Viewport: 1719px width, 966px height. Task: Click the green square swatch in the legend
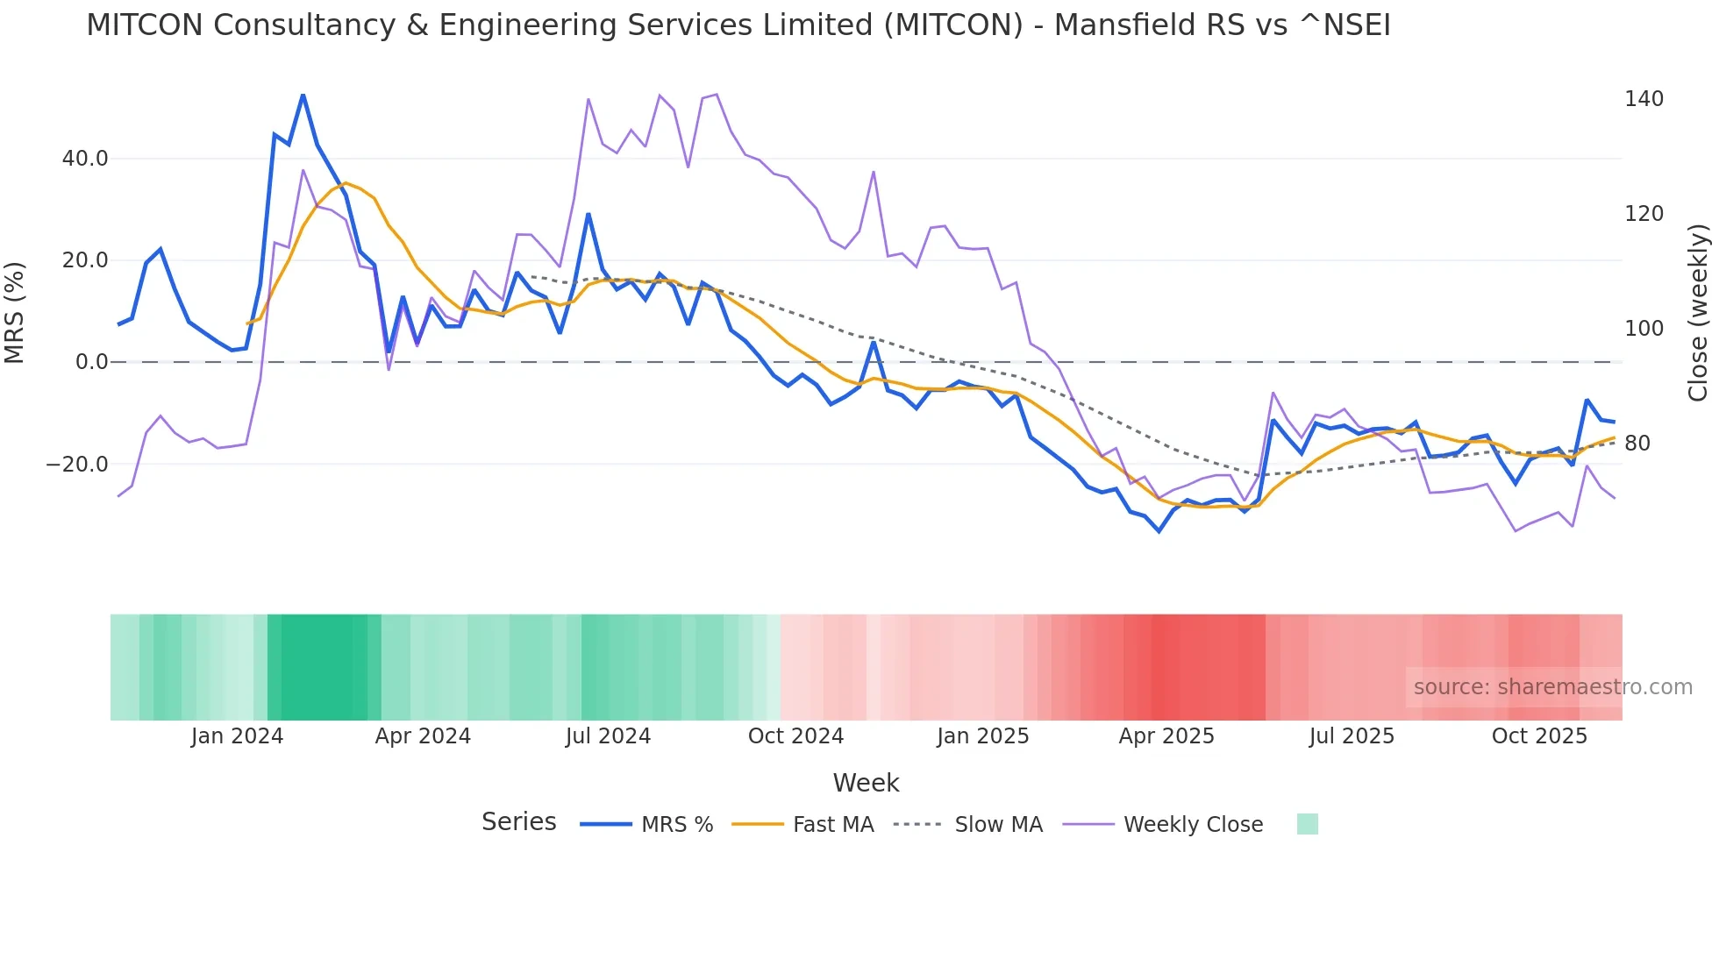[x=1307, y=824]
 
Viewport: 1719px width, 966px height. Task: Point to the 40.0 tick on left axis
[x=85, y=159]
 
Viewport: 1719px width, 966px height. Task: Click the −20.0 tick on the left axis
[x=77, y=465]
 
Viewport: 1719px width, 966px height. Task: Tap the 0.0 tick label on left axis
[x=91, y=362]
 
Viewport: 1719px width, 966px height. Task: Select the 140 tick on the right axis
[x=1643, y=99]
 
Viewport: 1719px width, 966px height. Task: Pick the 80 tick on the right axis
[x=1637, y=444]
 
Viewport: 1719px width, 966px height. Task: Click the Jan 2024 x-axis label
[x=237, y=736]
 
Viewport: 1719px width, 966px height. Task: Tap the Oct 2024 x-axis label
[x=795, y=736]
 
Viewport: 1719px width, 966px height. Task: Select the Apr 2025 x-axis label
[x=1166, y=736]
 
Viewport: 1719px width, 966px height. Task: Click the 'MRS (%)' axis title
[x=15, y=312]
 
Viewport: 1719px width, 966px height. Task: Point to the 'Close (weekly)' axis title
[x=1698, y=312]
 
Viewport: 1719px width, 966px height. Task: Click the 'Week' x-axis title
[x=866, y=783]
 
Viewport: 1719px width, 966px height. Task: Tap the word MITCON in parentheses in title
[x=953, y=25]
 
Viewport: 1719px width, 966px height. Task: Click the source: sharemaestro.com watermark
[x=1552, y=687]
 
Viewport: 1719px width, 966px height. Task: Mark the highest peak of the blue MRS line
[x=303, y=95]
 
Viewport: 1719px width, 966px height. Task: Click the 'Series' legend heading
[x=518, y=822]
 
